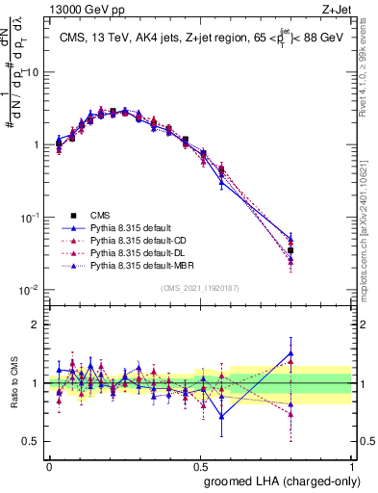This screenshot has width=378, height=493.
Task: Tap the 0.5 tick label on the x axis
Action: (x=200, y=465)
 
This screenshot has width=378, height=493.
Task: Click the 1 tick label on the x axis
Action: (x=352, y=465)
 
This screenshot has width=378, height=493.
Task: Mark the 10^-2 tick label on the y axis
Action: (x=31, y=290)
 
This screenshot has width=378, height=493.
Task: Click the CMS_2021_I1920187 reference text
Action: (x=200, y=287)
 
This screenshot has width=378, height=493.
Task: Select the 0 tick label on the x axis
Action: (x=49, y=465)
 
